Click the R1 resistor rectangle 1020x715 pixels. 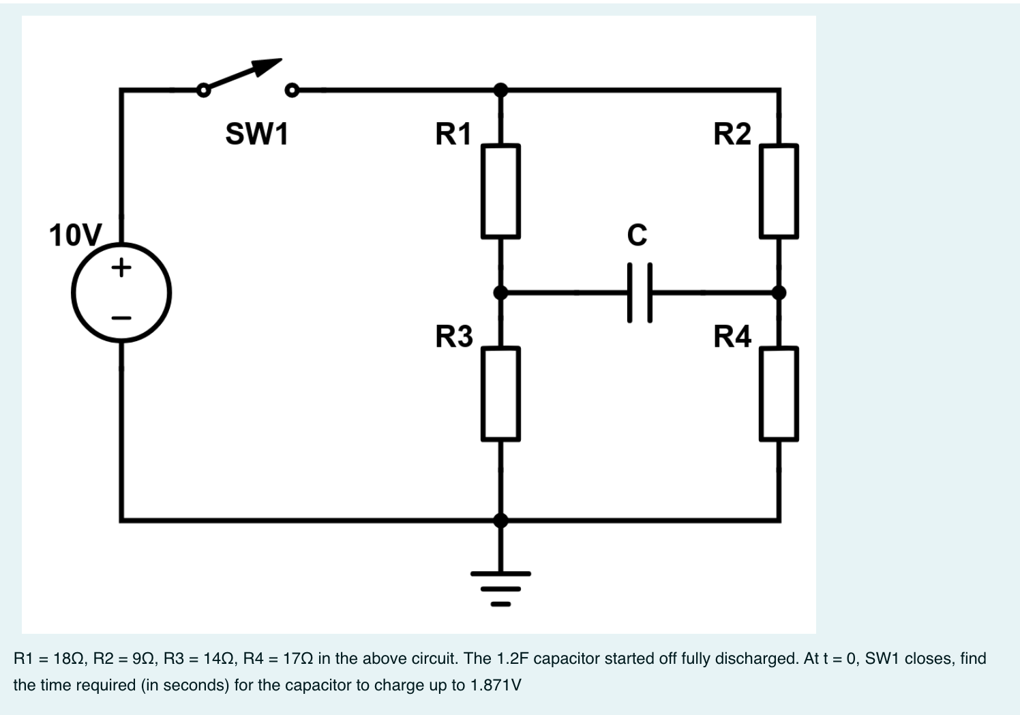click(x=500, y=191)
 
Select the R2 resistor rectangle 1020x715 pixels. click(x=779, y=191)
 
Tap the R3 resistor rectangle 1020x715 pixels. click(x=500, y=394)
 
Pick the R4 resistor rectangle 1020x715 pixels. click(x=779, y=394)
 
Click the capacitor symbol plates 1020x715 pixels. click(x=639, y=293)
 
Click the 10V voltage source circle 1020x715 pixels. click(x=121, y=293)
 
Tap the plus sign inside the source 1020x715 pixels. click(x=121, y=267)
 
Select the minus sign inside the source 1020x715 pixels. click(x=121, y=318)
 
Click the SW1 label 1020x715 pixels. click(x=257, y=134)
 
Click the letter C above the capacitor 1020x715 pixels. click(x=637, y=235)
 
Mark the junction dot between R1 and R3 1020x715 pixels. click(x=500, y=293)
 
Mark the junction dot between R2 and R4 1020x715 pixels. click(x=779, y=293)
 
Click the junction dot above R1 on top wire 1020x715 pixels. click(x=500, y=89)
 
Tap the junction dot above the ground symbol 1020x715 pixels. click(x=500, y=521)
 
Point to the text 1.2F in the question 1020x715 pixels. click(x=513, y=658)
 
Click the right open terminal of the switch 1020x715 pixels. click(x=292, y=90)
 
